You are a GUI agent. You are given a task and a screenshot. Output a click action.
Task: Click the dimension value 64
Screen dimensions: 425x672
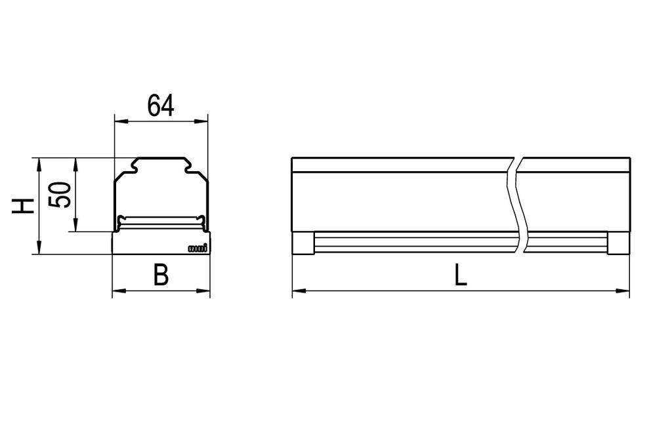click(x=161, y=106)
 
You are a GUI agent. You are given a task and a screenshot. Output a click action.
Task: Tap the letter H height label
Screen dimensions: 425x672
click(x=24, y=206)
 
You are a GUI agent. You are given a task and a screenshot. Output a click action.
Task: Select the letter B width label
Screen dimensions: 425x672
click(x=161, y=275)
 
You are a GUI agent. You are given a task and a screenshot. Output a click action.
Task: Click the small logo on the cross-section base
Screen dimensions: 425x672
click(x=198, y=248)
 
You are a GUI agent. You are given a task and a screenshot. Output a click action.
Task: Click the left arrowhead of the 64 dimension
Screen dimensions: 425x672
click(x=119, y=120)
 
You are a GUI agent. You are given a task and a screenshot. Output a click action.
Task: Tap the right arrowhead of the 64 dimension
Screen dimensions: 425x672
click(x=203, y=120)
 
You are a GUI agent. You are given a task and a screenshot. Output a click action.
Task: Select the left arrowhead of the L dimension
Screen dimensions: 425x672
click(x=296, y=291)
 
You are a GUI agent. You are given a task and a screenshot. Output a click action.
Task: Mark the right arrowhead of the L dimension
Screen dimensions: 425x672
click(x=625, y=291)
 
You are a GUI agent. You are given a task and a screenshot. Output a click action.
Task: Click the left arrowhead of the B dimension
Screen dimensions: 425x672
click(x=116, y=291)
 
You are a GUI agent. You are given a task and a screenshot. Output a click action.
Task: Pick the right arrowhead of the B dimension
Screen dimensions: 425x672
click(x=206, y=291)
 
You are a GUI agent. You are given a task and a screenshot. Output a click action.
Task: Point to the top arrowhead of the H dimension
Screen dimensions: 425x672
click(x=40, y=162)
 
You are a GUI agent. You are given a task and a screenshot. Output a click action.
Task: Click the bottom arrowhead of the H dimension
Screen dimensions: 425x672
click(x=40, y=250)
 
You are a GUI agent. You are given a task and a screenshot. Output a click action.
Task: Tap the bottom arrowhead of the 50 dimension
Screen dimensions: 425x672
click(x=77, y=227)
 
